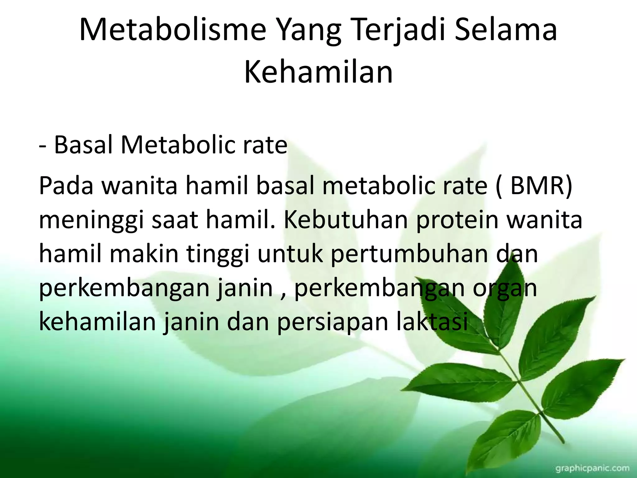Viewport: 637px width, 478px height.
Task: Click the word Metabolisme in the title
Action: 173,30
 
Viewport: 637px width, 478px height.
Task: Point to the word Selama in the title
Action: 505,30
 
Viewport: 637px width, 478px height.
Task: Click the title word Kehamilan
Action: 318,72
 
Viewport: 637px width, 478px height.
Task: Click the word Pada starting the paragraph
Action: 66,186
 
